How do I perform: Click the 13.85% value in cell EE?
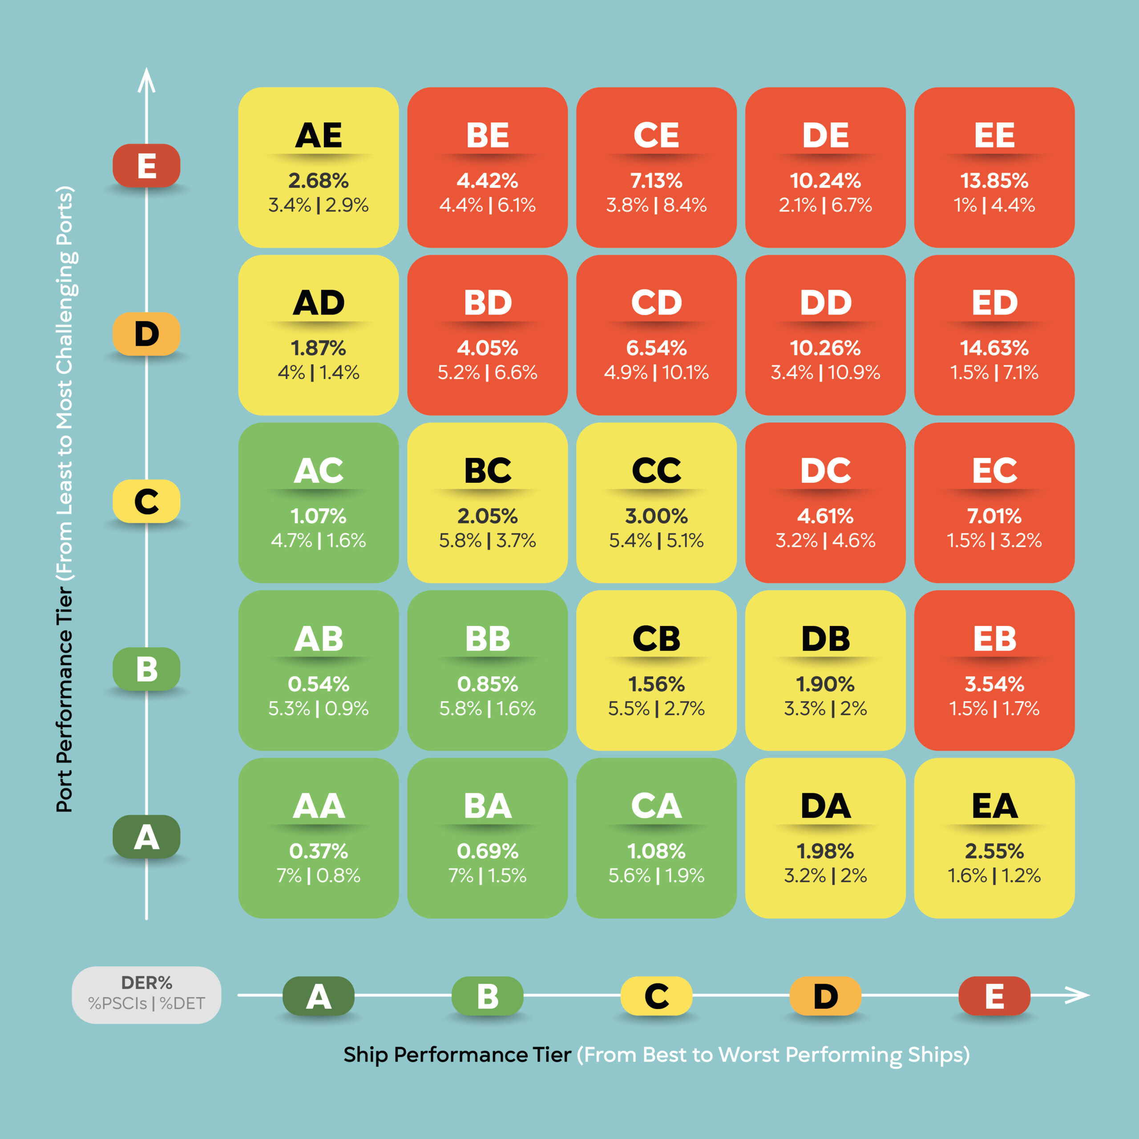coord(994,180)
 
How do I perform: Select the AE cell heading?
coord(319,136)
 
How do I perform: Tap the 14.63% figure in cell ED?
coord(994,348)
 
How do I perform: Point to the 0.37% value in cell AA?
coord(319,851)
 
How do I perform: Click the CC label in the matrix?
coord(656,470)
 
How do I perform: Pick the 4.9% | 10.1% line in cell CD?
coord(656,372)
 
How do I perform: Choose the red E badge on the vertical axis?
coord(146,166)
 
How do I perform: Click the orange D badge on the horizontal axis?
coord(825,996)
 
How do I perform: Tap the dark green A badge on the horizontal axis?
coord(319,996)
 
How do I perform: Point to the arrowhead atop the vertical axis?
coord(146,80)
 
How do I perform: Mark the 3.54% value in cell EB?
coord(994,684)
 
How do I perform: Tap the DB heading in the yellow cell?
coord(825,638)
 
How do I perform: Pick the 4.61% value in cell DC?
coord(825,517)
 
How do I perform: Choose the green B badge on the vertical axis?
coord(146,669)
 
